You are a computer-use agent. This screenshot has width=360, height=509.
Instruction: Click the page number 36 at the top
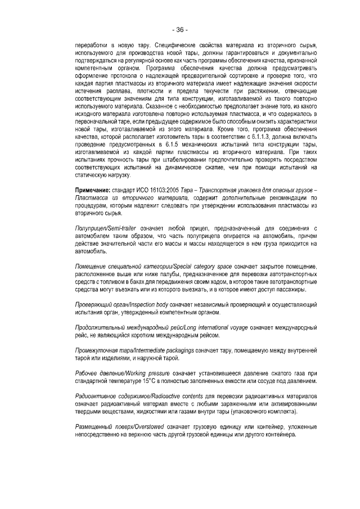tap(180, 29)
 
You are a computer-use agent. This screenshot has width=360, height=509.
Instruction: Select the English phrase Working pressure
tap(138, 373)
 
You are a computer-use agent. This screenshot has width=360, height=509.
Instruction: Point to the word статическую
tap(91, 175)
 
